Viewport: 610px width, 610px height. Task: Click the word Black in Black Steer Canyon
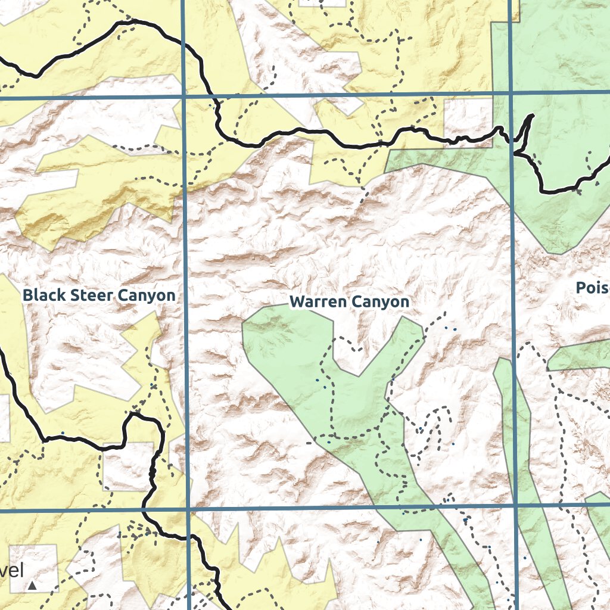click(43, 295)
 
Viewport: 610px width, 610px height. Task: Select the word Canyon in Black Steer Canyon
click(146, 295)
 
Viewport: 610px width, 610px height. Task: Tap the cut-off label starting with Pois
click(592, 288)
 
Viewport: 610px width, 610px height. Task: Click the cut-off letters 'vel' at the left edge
click(12, 571)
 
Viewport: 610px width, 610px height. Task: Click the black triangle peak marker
click(32, 586)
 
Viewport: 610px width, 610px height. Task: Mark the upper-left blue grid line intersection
click(183, 95)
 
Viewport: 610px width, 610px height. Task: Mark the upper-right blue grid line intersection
click(512, 93)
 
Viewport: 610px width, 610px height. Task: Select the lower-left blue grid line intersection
click(188, 510)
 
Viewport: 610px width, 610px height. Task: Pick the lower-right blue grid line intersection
click(515, 505)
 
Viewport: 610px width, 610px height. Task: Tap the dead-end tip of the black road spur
click(532, 115)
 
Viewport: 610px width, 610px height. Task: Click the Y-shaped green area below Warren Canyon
click(334, 381)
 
